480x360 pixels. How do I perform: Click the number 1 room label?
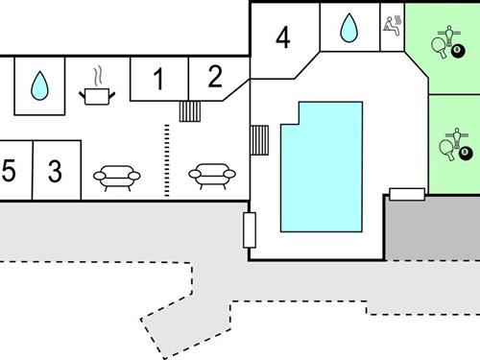coord(158,80)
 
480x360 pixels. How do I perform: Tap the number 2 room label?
coord(215,75)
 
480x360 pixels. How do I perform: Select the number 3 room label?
coord(55,172)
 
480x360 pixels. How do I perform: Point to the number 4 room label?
coord(282,37)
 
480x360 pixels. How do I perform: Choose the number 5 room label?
coord(10,172)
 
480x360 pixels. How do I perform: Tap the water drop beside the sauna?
coord(348,30)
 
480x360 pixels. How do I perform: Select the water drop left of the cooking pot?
coord(39,86)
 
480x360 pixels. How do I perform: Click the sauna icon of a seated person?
coord(392,24)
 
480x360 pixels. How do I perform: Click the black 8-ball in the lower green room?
coord(465,154)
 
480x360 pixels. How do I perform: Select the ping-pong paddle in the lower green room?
coord(444,148)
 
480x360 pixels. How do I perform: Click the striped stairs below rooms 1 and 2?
coord(190,111)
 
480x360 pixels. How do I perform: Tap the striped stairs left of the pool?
coord(260,140)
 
